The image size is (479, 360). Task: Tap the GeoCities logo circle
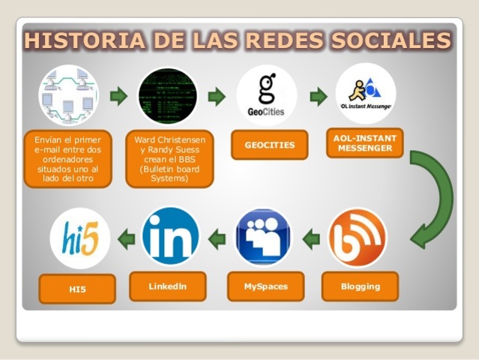tap(266, 95)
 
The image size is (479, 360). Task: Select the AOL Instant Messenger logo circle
tap(366, 94)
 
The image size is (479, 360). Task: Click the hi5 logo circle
tap(80, 238)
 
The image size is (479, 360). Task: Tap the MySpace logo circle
tap(264, 238)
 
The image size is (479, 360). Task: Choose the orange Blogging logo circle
tap(358, 238)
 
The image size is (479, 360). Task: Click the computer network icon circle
tap(69, 95)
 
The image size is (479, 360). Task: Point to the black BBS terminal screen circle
tap(167, 95)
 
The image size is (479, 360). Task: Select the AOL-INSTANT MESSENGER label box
tap(365, 142)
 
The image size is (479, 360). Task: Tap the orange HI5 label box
tap(77, 289)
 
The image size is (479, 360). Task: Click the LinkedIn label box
tap(167, 286)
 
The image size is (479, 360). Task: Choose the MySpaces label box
tap(265, 286)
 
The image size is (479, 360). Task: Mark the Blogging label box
tap(361, 286)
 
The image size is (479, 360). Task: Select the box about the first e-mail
tap(68, 159)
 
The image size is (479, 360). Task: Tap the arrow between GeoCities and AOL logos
tap(319, 96)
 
